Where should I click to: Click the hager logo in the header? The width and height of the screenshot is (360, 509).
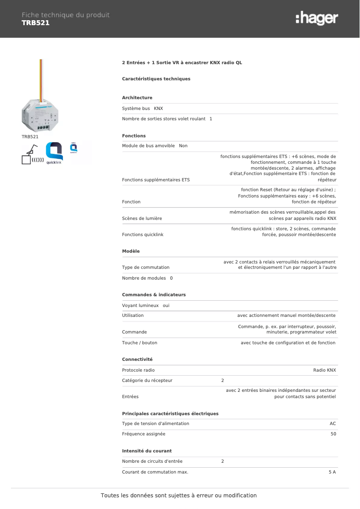(316, 19)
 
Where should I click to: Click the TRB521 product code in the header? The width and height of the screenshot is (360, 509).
(35, 23)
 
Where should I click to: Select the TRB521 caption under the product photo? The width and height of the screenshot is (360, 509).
(30, 136)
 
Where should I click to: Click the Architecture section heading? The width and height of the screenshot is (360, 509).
(137, 98)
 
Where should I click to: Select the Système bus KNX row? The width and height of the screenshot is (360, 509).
(143, 109)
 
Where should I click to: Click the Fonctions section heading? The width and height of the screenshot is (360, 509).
(134, 136)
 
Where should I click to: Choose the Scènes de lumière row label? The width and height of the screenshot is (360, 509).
(142, 219)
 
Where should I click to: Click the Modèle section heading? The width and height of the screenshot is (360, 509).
(131, 251)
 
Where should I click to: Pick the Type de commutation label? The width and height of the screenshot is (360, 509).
(145, 268)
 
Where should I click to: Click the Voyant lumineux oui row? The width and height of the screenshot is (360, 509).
(145, 306)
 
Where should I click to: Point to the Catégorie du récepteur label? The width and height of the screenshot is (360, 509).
(147, 381)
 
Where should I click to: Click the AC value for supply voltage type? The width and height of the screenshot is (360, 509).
(333, 424)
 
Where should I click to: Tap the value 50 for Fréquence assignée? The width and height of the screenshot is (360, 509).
(333, 434)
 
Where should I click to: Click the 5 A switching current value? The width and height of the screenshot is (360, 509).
(332, 472)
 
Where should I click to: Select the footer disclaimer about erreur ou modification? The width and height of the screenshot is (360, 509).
(179, 496)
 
